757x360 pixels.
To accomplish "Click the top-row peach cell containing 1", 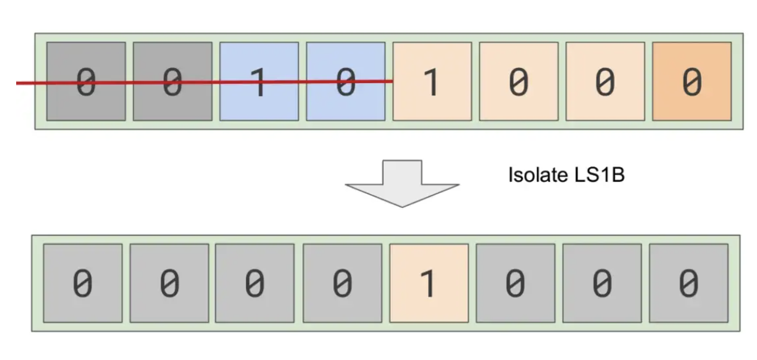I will pyautogui.click(x=432, y=81).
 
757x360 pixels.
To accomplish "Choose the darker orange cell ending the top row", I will pyautogui.click(x=692, y=81).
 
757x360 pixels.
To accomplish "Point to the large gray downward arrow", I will pyautogui.click(x=402, y=183).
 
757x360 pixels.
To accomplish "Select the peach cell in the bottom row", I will pyautogui.click(x=429, y=283).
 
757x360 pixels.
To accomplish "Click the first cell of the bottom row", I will pyautogui.click(x=82, y=283).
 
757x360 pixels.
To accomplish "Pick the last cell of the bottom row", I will pyautogui.click(x=689, y=283).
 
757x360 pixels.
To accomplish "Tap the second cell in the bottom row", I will pyautogui.click(x=169, y=283).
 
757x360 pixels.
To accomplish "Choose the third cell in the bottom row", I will pyautogui.click(x=255, y=283).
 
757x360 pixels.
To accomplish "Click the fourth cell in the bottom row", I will pyautogui.click(x=342, y=283).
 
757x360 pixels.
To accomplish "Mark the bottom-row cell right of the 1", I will pyautogui.click(x=515, y=283).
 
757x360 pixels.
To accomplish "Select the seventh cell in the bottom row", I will pyautogui.click(x=602, y=283).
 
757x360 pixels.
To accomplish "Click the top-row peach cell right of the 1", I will pyautogui.click(x=519, y=81).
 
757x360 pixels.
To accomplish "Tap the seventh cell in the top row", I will pyautogui.click(x=605, y=81).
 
